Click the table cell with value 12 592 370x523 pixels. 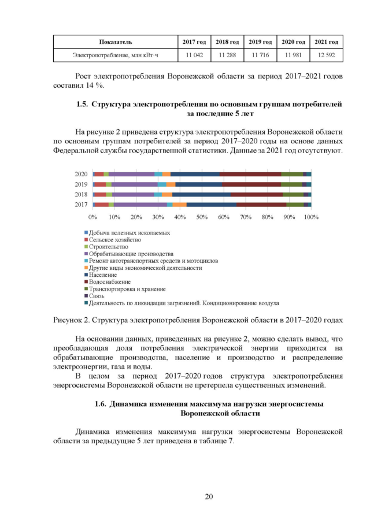[x=326, y=55]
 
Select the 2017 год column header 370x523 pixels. [x=194, y=42]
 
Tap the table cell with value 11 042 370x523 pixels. [x=194, y=55]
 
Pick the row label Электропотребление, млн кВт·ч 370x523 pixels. [x=116, y=55]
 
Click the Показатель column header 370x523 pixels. [x=116, y=42]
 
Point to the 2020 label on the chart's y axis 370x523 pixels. [x=82, y=174]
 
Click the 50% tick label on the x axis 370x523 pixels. [x=202, y=217]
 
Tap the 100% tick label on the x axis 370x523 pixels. [x=310, y=217]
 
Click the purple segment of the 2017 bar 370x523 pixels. [x=140, y=205]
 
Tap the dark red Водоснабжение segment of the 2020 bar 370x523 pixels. [x=250, y=174]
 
